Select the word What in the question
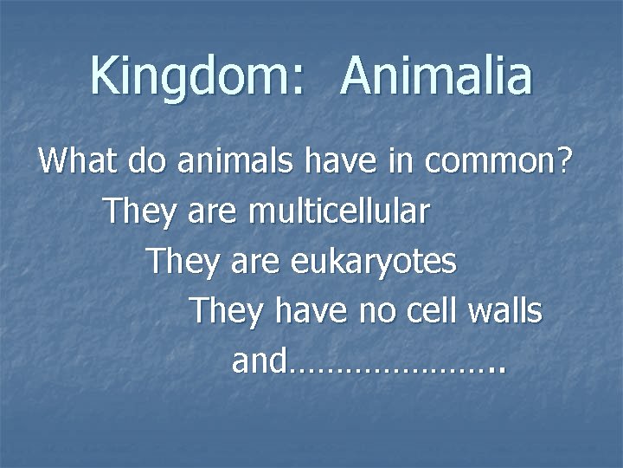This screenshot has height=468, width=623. tap(80, 160)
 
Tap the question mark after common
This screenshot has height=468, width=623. tap(563, 160)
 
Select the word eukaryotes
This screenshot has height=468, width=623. tap(373, 261)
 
